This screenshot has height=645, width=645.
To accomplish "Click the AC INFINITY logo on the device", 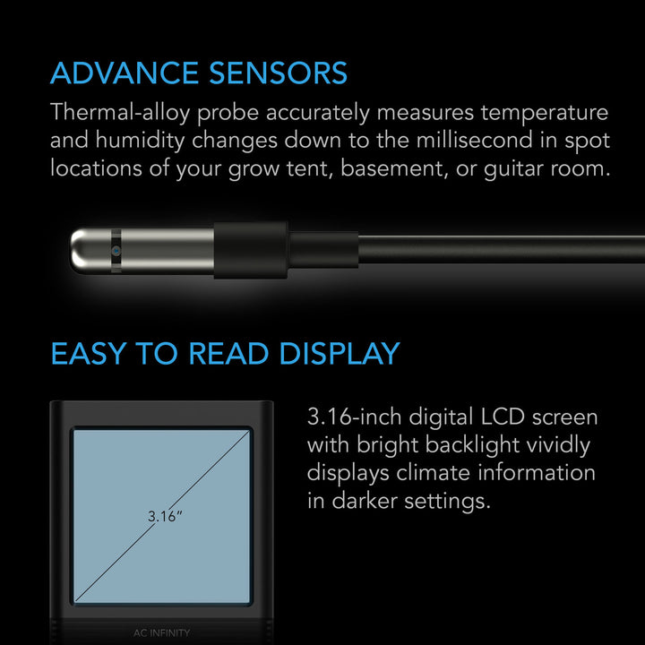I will [161, 632].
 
